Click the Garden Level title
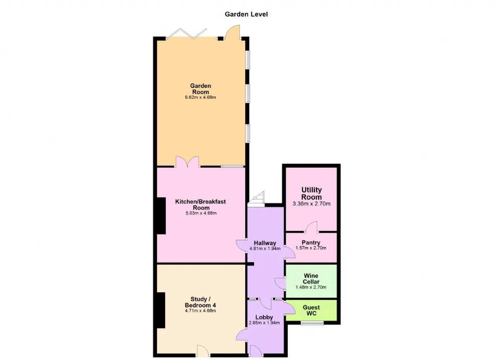(246, 14)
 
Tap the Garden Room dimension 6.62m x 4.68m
(200, 97)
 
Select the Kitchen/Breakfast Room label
(200, 205)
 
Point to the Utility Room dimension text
(311, 203)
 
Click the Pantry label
(311, 242)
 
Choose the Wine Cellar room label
(311, 279)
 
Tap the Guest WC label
(311, 310)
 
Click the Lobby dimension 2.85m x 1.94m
(264, 322)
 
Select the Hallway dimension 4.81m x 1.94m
(265, 248)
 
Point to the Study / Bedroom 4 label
(200, 302)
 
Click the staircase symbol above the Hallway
(256, 199)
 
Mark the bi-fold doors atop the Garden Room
(186, 34)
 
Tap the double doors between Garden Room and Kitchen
(188, 162)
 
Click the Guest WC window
(312, 323)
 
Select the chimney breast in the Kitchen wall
(161, 216)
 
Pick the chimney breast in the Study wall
(161, 310)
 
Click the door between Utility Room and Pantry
(311, 227)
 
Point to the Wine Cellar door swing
(280, 283)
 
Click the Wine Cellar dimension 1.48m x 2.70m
(311, 287)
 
